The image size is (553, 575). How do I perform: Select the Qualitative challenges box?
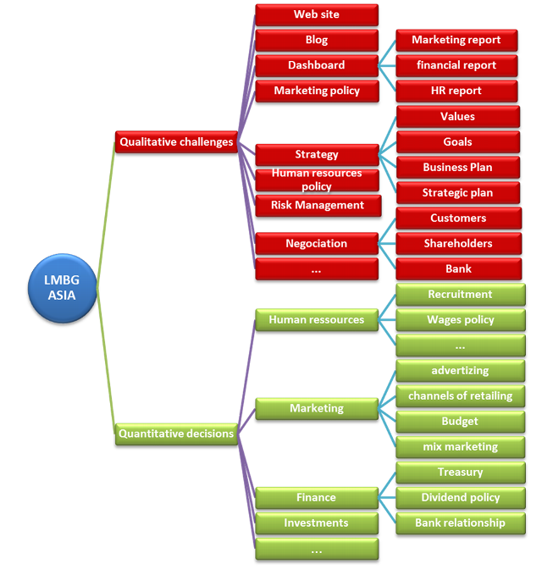point(176,142)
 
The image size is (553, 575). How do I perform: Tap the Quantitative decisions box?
point(176,434)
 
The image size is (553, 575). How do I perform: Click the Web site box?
point(317,14)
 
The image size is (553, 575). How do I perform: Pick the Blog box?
point(317,40)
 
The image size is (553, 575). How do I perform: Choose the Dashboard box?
point(317,65)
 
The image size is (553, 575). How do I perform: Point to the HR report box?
point(457,91)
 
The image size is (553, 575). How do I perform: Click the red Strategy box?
point(317,154)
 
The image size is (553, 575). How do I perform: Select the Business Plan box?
point(457,167)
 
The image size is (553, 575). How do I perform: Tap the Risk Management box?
point(317,205)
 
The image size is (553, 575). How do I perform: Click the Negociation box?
point(317,243)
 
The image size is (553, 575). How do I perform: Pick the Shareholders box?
point(457,243)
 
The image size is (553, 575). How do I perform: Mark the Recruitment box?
point(460,295)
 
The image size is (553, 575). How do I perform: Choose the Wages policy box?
point(460,320)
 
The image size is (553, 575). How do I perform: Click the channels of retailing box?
point(460,396)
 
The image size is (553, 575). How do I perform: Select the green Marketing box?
point(317,408)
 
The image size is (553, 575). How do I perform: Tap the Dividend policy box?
point(460,498)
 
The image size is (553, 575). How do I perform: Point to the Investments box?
point(317,522)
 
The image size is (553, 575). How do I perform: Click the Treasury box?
point(460,473)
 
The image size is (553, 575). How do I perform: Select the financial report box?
point(457,65)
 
